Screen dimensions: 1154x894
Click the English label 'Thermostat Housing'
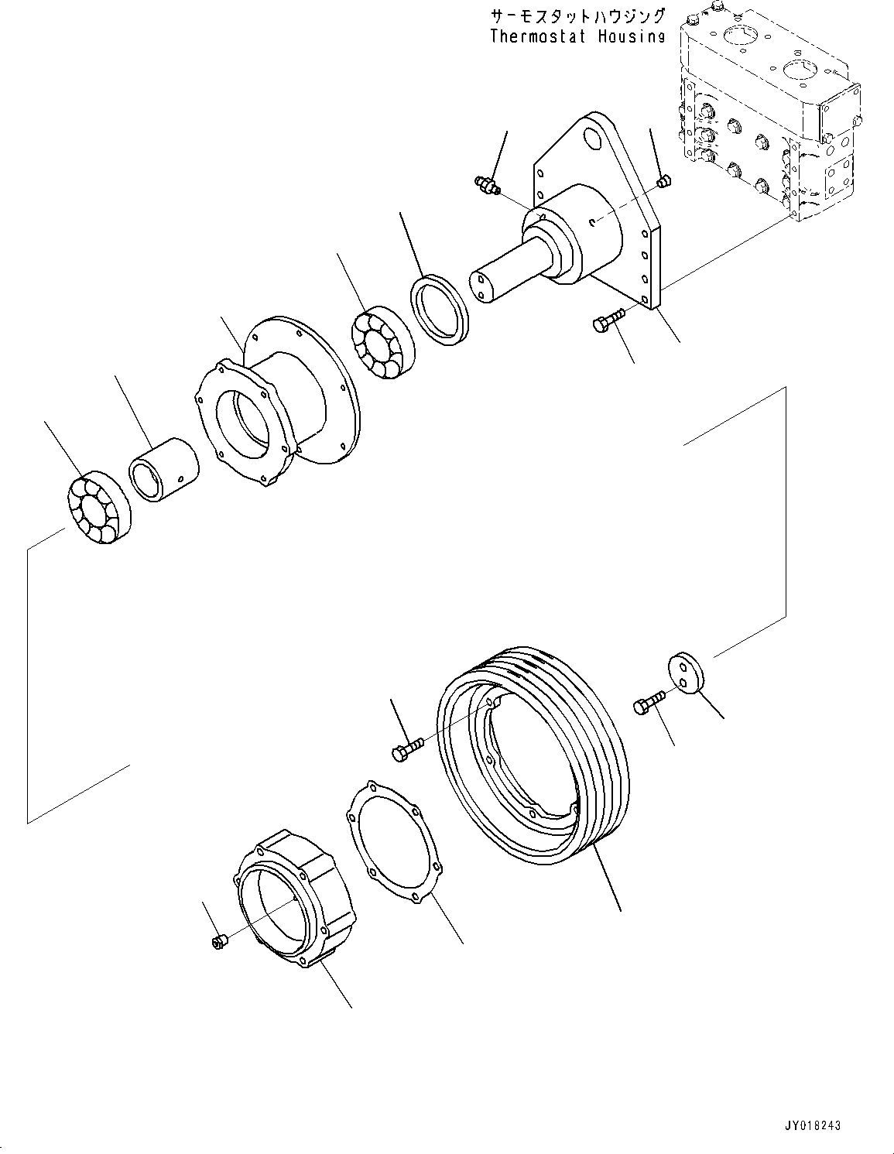(x=577, y=36)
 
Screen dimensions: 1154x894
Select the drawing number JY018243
(x=807, y=1125)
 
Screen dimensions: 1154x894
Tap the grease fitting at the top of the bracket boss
(x=486, y=184)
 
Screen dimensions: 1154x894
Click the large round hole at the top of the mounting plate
(x=593, y=139)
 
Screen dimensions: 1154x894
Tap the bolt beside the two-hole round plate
(x=648, y=703)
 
